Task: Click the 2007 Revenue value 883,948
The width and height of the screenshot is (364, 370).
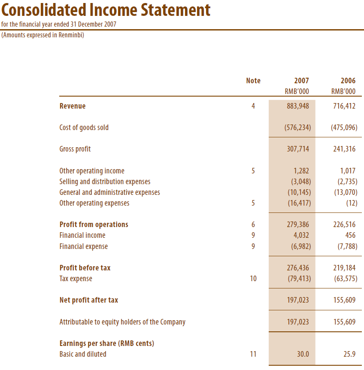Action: tap(298, 106)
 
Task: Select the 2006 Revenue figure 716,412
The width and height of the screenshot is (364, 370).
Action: tap(344, 106)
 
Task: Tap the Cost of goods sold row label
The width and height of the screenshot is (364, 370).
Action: tap(84, 127)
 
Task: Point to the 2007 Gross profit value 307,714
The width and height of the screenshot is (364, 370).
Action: tap(298, 149)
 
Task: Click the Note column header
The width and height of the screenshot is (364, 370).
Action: tap(253, 81)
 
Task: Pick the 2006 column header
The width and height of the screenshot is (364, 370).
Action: tap(348, 81)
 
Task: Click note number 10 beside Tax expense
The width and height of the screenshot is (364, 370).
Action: tap(253, 279)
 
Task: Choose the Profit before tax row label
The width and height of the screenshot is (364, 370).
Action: tap(85, 268)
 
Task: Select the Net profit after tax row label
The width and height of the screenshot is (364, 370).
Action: tap(89, 300)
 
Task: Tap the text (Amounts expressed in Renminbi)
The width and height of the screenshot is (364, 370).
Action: tap(43, 35)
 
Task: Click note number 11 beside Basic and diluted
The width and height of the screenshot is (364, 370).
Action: tap(253, 354)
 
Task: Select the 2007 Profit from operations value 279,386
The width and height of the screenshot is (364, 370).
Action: tap(298, 224)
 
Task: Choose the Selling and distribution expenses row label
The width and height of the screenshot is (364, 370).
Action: tap(105, 182)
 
